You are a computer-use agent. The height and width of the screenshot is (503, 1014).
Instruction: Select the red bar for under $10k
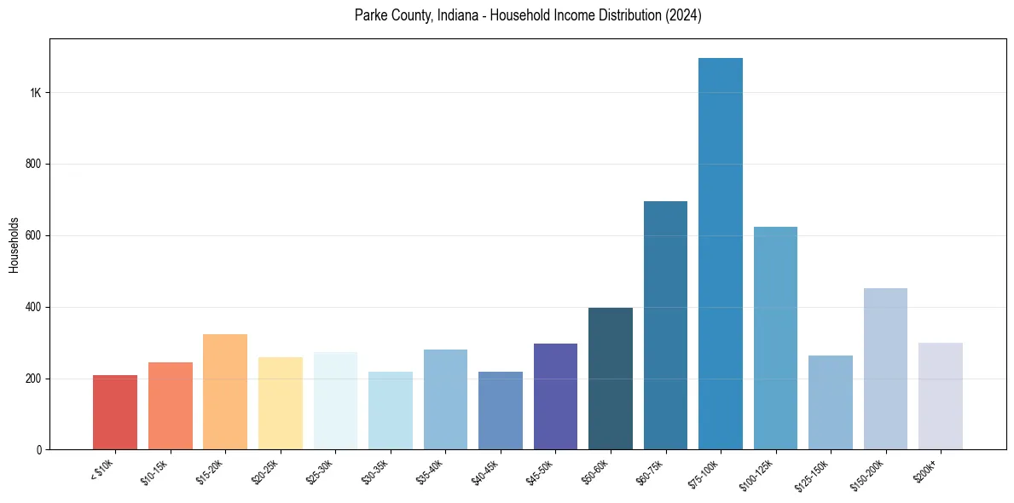pos(115,413)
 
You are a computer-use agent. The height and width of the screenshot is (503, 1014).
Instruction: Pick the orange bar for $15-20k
pos(225,392)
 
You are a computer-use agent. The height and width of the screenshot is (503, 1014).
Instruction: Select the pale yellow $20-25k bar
pos(281,403)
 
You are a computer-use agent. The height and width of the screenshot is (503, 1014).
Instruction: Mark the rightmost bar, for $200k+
pos(941,396)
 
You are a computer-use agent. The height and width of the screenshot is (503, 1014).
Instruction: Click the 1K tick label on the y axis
pos(36,92)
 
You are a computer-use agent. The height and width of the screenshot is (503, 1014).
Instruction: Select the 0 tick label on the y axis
pos(39,450)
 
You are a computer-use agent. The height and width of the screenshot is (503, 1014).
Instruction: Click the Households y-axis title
pos(14,245)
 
